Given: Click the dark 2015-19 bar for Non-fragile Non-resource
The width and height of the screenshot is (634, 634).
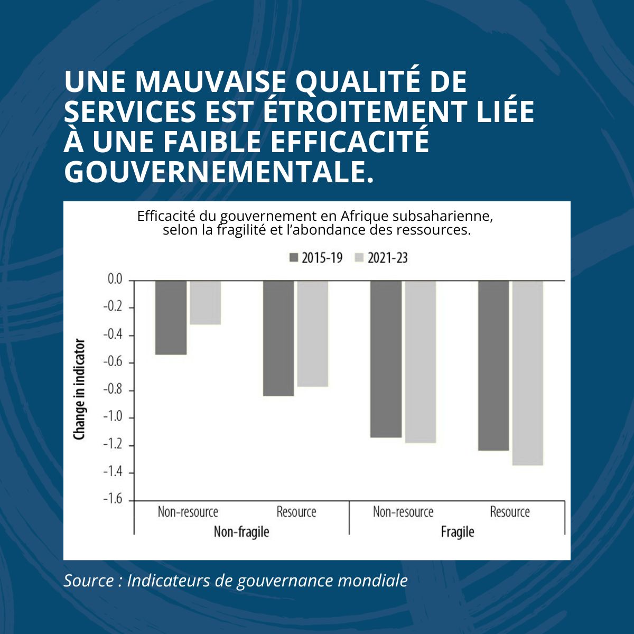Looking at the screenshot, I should click(x=171, y=318).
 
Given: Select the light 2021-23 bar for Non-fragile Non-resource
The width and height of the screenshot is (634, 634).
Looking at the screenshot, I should click(x=205, y=302).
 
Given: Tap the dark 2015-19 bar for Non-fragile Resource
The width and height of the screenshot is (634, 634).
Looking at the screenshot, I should click(x=278, y=338).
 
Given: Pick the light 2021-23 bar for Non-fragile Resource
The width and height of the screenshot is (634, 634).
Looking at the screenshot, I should click(x=312, y=333).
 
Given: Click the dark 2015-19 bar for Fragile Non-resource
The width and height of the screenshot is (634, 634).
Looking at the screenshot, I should click(x=386, y=359).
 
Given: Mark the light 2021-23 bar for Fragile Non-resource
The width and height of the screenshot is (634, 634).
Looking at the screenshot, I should click(x=420, y=362).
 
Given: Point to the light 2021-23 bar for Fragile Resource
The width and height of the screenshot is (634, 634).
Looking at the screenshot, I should click(x=527, y=373).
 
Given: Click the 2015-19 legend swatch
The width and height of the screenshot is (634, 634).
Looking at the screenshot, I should click(x=294, y=258).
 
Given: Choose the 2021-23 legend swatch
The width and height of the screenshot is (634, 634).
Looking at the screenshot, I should click(x=360, y=258).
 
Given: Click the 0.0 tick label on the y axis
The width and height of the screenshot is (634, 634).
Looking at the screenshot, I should click(x=115, y=279).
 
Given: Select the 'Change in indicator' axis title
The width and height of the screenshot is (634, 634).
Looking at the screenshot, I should click(x=79, y=389).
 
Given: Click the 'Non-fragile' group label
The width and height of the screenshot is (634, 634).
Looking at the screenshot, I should click(x=241, y=532).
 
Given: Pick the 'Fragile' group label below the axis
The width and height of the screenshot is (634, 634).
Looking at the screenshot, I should click(x=458, y=532).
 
